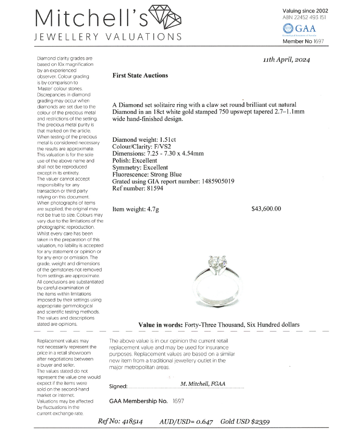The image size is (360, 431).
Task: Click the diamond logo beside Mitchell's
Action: click(x=166, y=18)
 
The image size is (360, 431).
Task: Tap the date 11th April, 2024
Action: click(x=286, y=60)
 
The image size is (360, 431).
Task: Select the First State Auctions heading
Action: click(x=140, y=75)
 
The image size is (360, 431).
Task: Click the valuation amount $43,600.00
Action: click(x=266, y=209)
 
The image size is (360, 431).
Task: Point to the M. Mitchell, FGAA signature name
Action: click(x=203, y=384)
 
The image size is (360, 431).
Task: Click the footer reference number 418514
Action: click(x=131, y=421)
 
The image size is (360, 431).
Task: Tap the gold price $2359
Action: click(x=258, y=421)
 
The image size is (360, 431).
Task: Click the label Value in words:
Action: click(x=160, y=325)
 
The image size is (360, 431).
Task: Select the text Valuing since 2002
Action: click(x=305, y=11)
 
